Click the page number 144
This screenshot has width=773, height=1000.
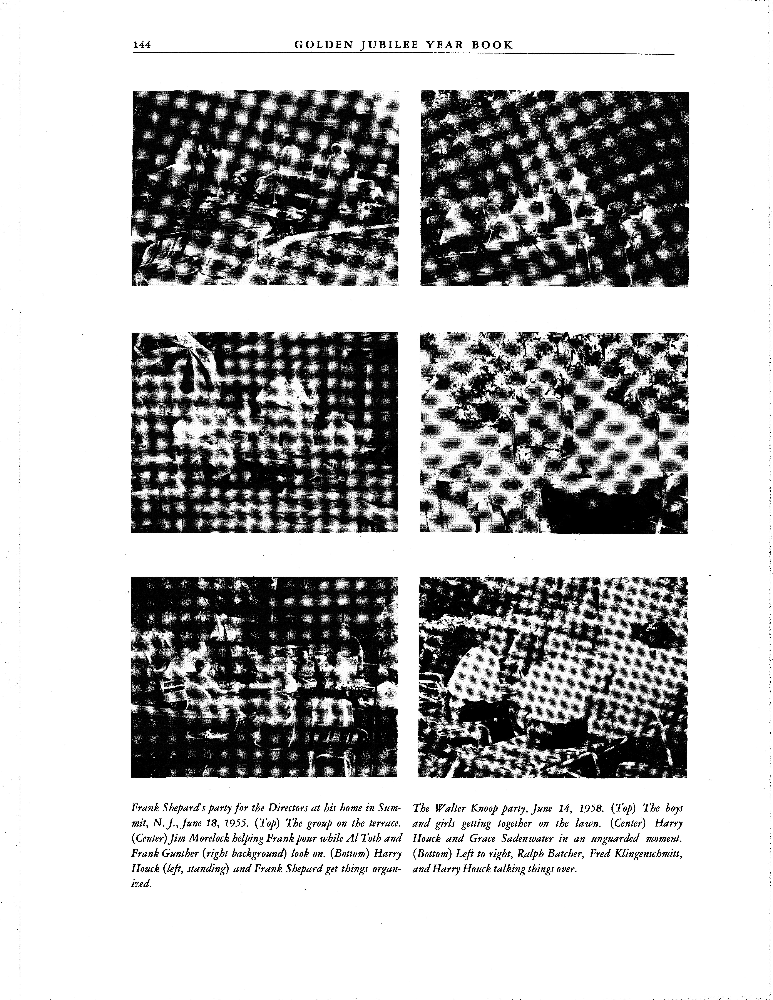point(142,45)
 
